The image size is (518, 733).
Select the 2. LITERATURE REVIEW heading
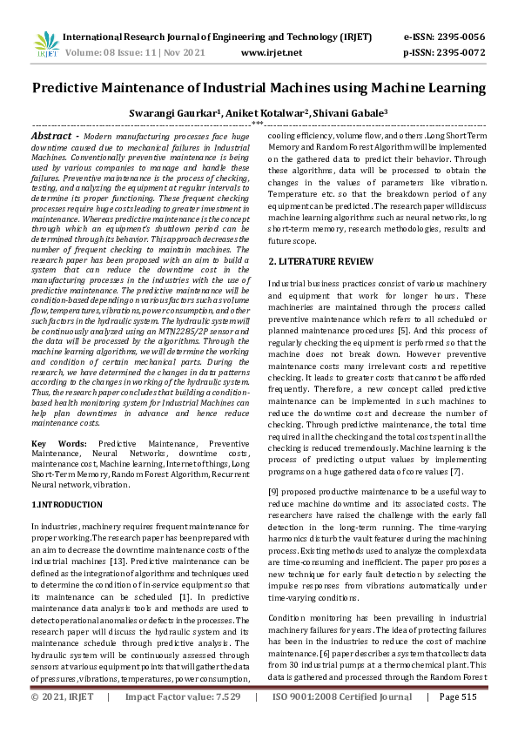[321, 261]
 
